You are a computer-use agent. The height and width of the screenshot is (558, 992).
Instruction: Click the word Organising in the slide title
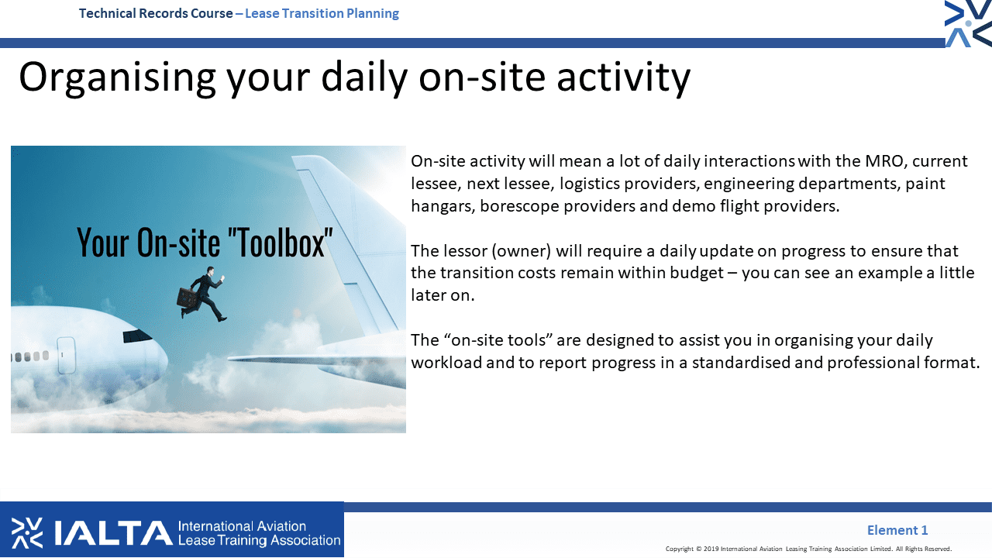(x=117, y=78)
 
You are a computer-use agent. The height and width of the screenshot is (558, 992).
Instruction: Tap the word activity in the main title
(x=624, y=78)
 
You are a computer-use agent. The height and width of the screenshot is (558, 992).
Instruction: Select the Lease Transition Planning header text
(x=322, y=13)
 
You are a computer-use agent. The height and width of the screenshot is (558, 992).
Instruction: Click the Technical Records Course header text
(x=156, y=13)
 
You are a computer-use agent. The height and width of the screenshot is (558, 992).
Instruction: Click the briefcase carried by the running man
(x=187, y=298)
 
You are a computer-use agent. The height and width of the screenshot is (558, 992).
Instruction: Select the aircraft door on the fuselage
(x=66, y=355)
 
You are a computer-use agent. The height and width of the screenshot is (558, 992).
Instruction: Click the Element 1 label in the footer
(x=897, y=529)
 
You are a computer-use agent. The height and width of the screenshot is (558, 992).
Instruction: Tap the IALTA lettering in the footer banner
(x=113, y=532)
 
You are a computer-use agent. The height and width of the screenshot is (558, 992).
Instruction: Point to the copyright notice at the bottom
(x=808, y=549)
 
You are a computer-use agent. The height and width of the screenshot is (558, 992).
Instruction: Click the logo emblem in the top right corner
(x=968, y=23)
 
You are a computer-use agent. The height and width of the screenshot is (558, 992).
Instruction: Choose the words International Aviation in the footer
(x=242, y=526)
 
